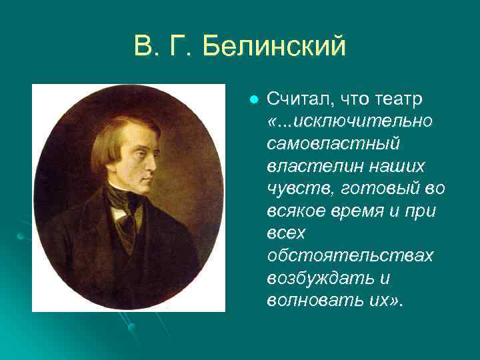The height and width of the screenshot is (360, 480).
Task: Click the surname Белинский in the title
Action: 275,47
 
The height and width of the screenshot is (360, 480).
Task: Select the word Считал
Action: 295,99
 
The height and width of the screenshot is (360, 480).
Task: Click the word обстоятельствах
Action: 350,255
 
